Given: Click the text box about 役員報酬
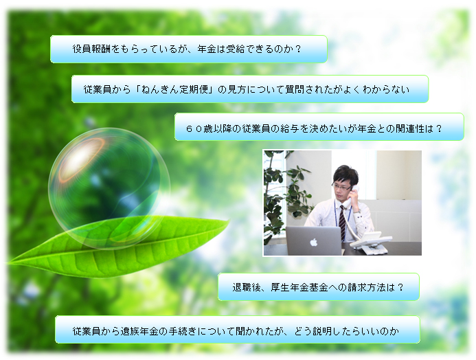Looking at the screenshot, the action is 188,49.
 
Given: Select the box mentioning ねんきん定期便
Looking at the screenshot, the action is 250,89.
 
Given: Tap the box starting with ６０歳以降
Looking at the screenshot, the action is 319,127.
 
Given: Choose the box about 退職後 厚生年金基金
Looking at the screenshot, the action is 319,287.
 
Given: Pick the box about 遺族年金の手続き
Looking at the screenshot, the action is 238,330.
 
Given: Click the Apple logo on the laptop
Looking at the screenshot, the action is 314,242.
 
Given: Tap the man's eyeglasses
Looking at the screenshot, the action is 343,186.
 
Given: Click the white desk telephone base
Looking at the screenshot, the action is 370,243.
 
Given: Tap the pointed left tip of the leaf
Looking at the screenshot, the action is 7,262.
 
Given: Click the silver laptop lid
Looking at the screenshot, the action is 314,240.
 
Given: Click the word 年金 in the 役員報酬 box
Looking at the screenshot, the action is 207,49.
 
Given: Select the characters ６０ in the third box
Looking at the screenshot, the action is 194,128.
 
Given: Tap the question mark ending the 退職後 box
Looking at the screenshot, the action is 400,287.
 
